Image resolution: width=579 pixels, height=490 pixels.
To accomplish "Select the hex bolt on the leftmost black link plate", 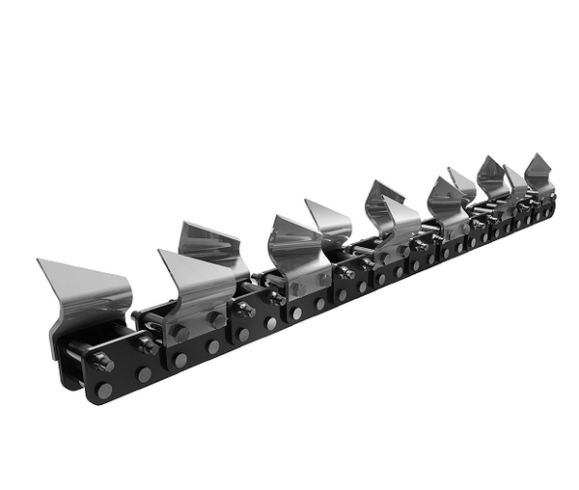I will (x=102, y=362).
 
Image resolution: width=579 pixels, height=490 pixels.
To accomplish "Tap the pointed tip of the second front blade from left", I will (x=161, y=253).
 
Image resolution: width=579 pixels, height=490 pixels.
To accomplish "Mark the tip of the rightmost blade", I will (x=528, y=155).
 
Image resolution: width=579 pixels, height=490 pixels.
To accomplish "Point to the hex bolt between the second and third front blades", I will (x=246, y=311).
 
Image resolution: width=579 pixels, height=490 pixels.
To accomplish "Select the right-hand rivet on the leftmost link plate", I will (x=144, y=374).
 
